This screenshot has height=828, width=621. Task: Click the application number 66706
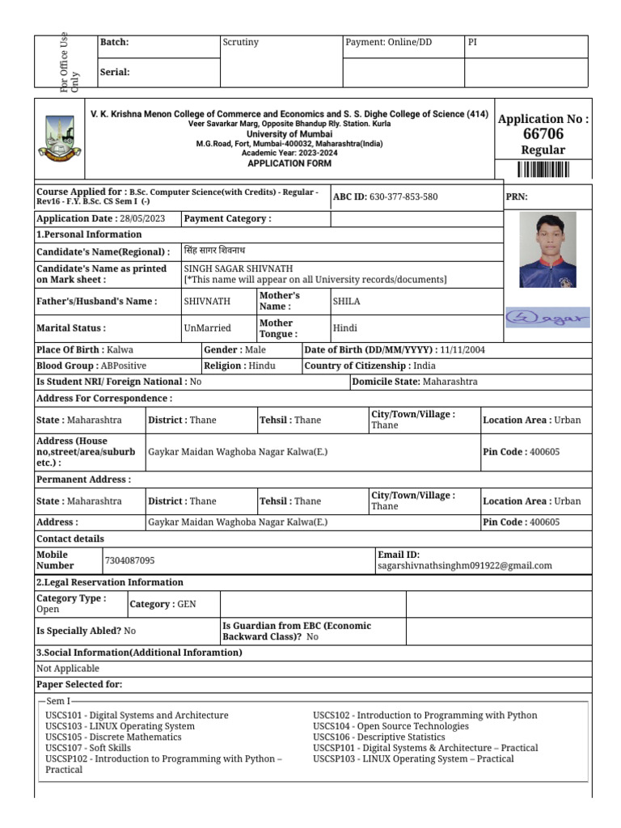(x=543, y=134)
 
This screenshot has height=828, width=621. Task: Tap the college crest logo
(x=60, y=137)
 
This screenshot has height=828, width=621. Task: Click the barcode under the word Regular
(x=543, y=170)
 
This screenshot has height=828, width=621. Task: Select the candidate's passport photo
(x=547, y=250)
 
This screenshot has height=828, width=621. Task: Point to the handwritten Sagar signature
(x=547, y=318)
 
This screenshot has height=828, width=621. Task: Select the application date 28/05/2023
(x=142, y=218)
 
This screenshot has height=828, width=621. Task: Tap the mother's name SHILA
(x=347, y=301)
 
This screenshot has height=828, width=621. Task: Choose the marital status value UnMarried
(x=208, y=328)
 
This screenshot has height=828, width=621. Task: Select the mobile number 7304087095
(x=130, y=560)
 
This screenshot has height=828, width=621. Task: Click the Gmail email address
(x=465, y=566)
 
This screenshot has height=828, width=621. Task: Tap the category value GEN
(x=187, y=604)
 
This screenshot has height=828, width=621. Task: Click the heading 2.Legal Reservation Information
(x=110, y=582)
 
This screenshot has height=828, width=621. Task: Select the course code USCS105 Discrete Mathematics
(x=113, y=737)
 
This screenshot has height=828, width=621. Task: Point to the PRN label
(x=517, y=196)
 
